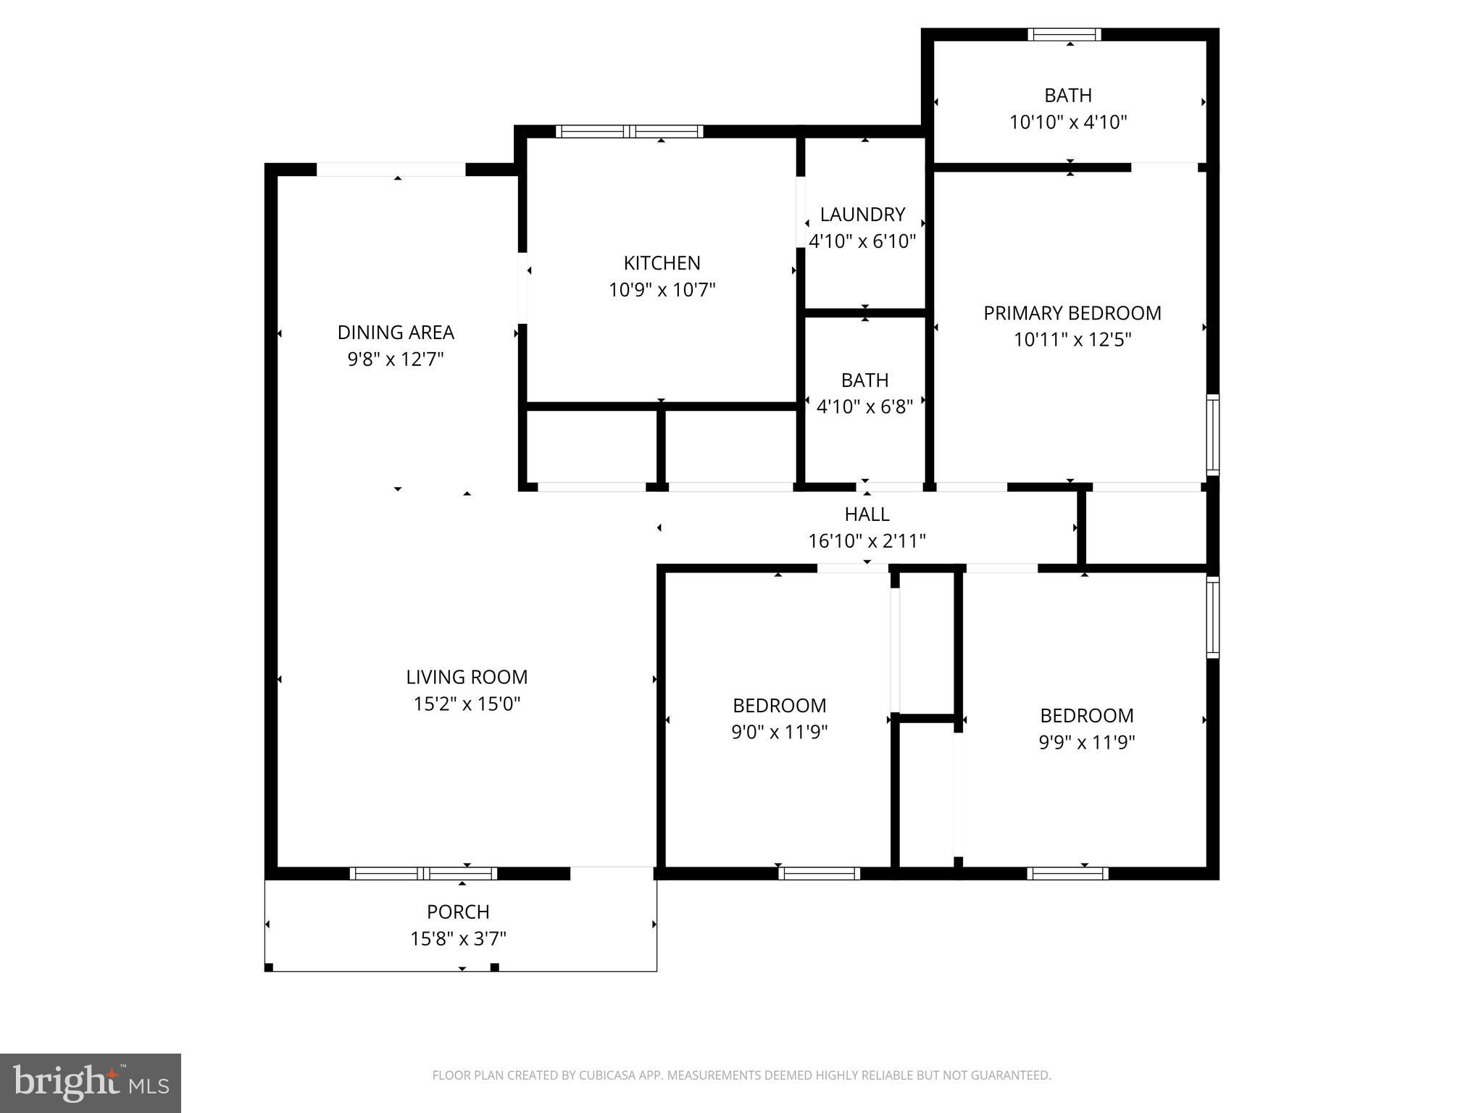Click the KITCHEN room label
(x=662, y=262)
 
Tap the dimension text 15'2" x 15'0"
(x=467, y=704)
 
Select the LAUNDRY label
(x=862, y=214)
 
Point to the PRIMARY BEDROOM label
(x=1072, y=313)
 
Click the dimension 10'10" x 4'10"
(x=1068, y=122)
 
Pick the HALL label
(x=867, y=514)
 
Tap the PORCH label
(x=458, y=912)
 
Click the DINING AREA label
(x=396, y=333)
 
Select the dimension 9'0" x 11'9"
(x=779, y=732)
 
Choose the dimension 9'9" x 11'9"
(x=1086, y=742)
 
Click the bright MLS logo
(x=91, y=1083)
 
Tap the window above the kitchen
(x=629, y=131)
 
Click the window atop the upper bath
(x=1064, y=34)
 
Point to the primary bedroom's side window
(x=1212, y=435)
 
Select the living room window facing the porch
(x=423, y=873)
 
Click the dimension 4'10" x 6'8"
(x=864, y=407)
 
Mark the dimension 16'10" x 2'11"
(x=867, y=541)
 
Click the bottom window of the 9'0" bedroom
(x=819, y=873)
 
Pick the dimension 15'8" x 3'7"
(x=458, y=938)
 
